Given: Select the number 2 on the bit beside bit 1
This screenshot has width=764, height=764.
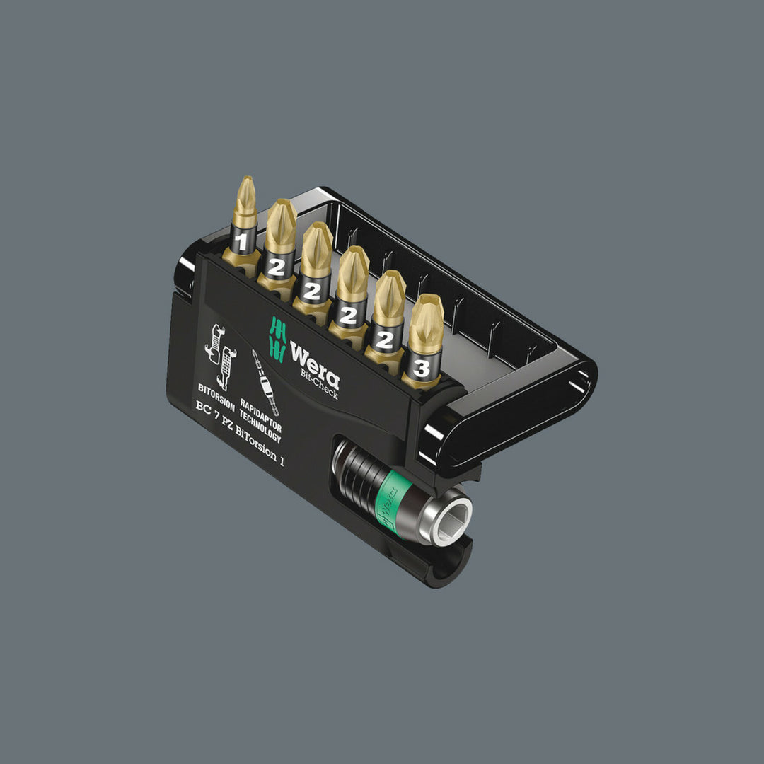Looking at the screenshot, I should pos(277,267).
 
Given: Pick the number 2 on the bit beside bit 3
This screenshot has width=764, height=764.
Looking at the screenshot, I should pos(385,340).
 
